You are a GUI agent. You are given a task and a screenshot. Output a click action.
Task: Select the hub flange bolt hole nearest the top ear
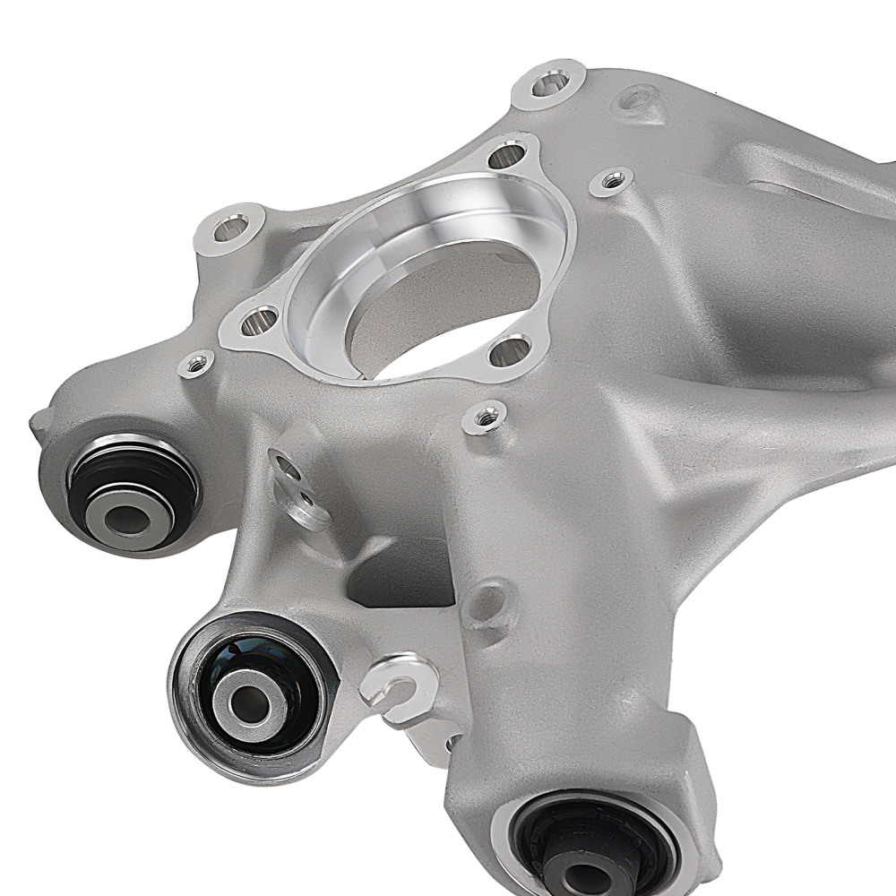coord(508,158)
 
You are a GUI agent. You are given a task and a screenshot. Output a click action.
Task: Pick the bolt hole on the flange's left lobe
coord(260,319)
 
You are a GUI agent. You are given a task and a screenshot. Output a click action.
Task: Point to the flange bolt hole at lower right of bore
coord(512,351)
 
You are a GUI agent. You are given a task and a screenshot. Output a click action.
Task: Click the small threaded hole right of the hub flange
coord(612,181)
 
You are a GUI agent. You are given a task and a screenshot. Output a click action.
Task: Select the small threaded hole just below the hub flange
coord(484,416)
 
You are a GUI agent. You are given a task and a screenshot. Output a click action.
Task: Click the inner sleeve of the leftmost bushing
coord(129,517)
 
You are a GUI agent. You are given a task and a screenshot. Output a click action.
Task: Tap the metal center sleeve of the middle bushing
coord(252,700)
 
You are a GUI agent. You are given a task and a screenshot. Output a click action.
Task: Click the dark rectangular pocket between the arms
coord(394,573)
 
